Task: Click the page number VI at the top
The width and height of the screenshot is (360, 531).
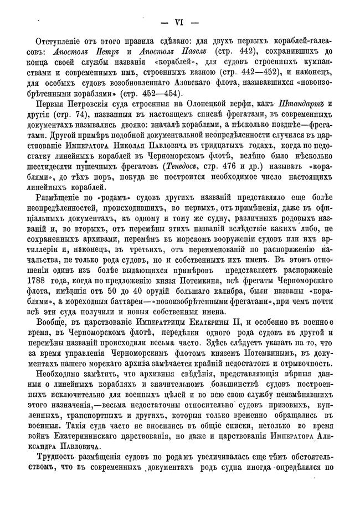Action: (x=179, y=23)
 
